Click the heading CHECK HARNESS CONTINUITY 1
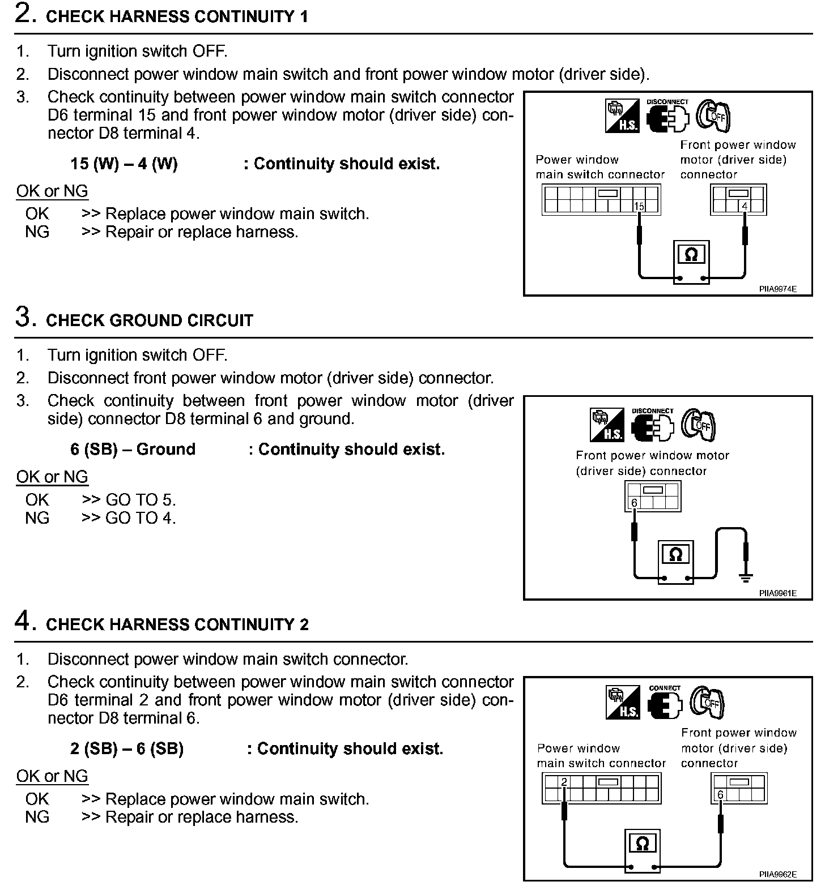177,16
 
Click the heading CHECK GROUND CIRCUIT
150,320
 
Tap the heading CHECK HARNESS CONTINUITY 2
177,624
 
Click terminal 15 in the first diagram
639,207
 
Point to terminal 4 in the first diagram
745,207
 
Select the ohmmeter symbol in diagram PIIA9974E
691,255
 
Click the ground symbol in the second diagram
746,578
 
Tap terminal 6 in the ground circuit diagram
634,503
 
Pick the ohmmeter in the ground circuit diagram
675,555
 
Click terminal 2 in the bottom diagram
564,782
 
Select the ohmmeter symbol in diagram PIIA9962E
643,844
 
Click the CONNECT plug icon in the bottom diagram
664,703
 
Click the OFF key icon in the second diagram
698,425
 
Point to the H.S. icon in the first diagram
622,117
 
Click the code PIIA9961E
778,593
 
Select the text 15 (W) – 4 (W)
124,164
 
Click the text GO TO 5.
141,500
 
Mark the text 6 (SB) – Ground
133,450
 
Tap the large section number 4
23,622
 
